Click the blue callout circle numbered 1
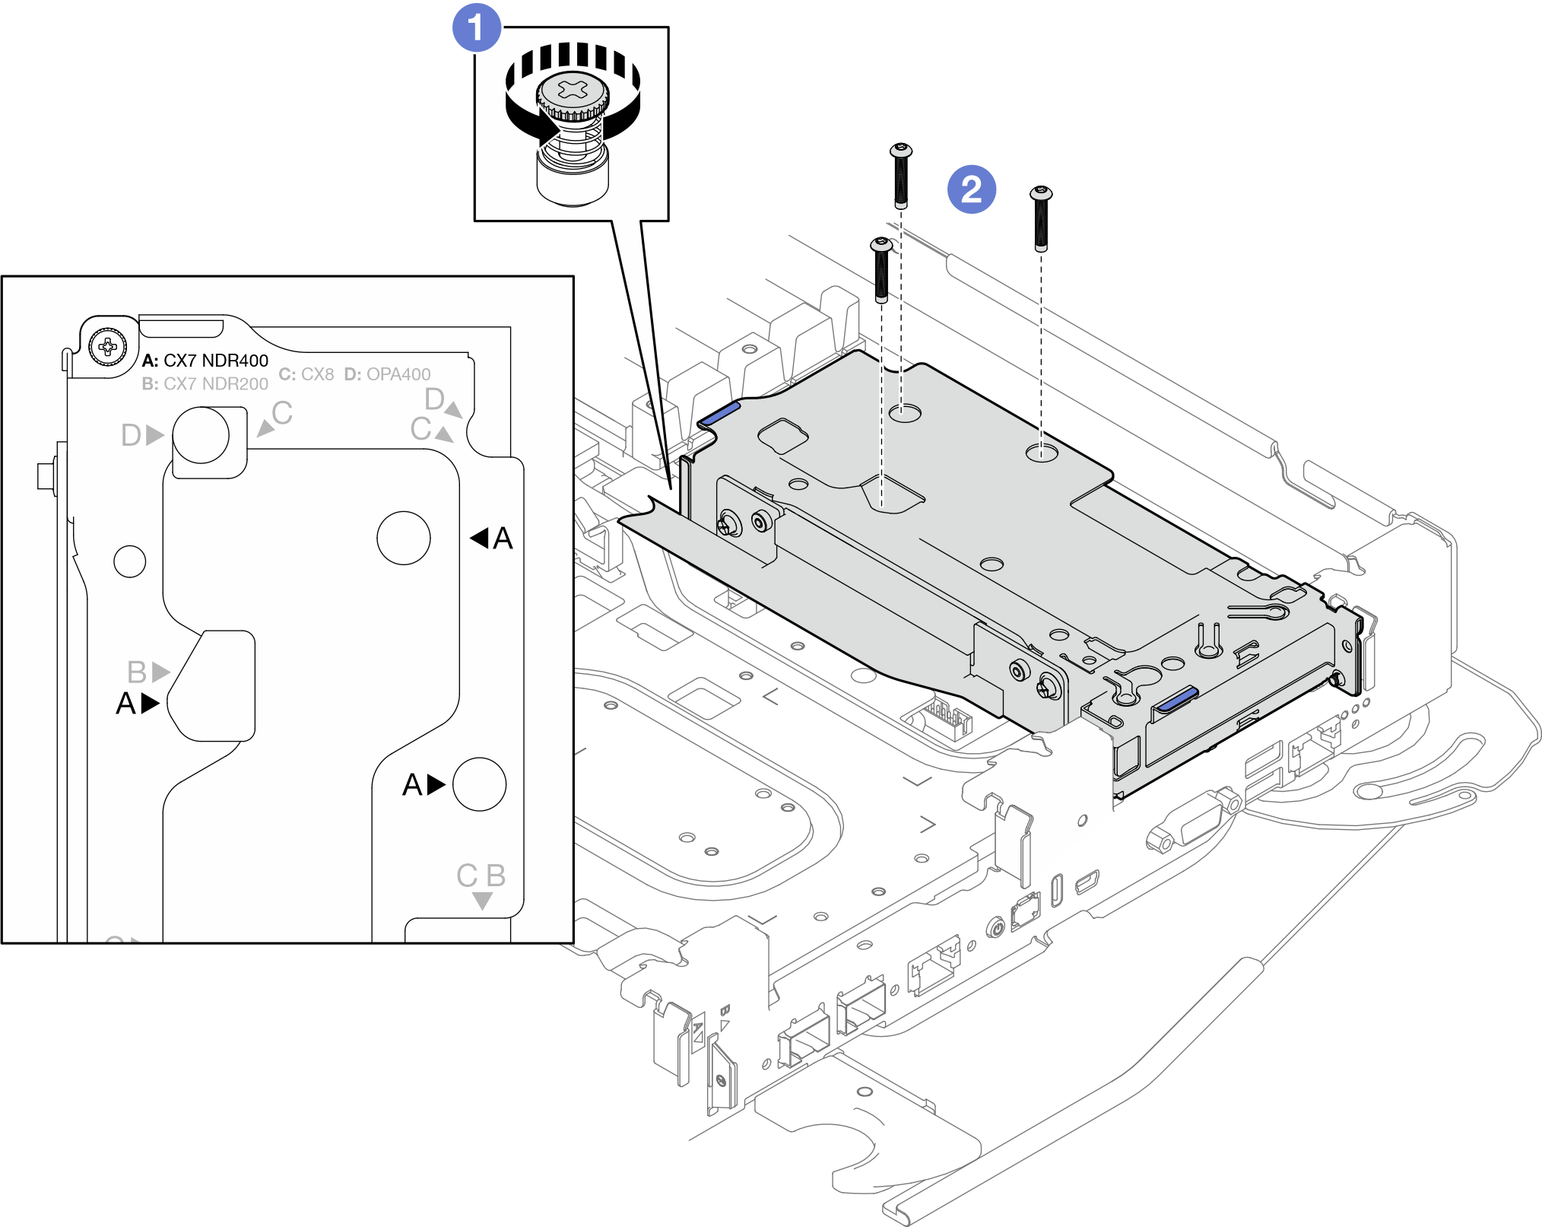(477, 28)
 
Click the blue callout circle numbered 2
(971, 189)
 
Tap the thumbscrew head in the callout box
(573, 94)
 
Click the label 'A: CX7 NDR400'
(205, 361)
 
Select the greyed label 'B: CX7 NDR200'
(205, 384)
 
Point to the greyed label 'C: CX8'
(306, 374)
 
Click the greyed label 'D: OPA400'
(387, 374)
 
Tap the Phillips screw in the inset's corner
(108, 347)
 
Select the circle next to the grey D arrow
(201, 435)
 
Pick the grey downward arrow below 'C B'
(482, 901)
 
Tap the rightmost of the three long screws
(1041, 218)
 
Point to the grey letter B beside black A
(137, 672)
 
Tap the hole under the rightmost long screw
(1041, 453)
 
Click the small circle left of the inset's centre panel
(130, 561)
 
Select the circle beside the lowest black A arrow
(479, 784)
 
